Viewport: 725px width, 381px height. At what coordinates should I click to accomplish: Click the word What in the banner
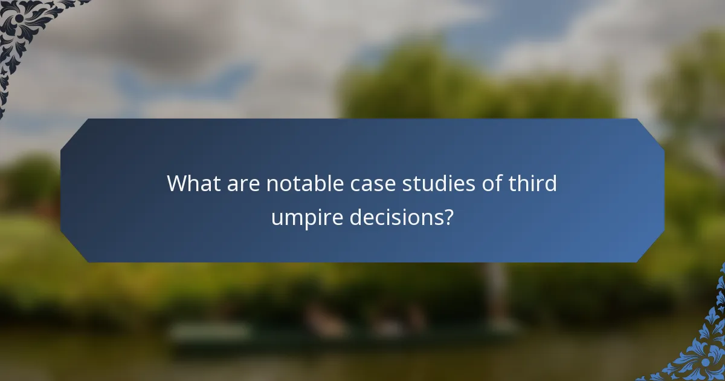(x=192, y=183)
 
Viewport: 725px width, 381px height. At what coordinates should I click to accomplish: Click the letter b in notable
(x=314, y=183)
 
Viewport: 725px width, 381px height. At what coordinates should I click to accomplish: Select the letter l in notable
(x=322, y=183)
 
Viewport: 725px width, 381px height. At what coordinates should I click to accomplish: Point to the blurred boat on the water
(x=338, y=330)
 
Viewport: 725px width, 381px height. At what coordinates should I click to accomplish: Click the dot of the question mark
(x=447, y=224)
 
